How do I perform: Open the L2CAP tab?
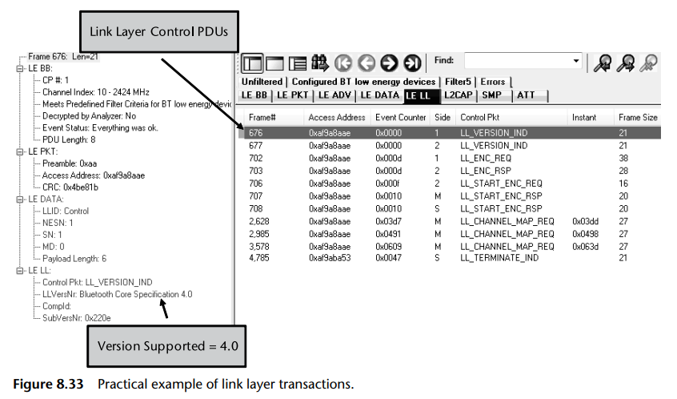[459, 95]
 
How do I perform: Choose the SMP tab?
[491, 95]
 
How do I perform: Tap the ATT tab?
[526, 95]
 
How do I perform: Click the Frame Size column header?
[638, 117]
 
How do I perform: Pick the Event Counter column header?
[401, 117]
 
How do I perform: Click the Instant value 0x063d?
[585, 246]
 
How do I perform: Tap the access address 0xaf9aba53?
[330, 257]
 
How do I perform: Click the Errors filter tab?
[493, 82]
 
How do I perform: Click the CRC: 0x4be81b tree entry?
[70, 187]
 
